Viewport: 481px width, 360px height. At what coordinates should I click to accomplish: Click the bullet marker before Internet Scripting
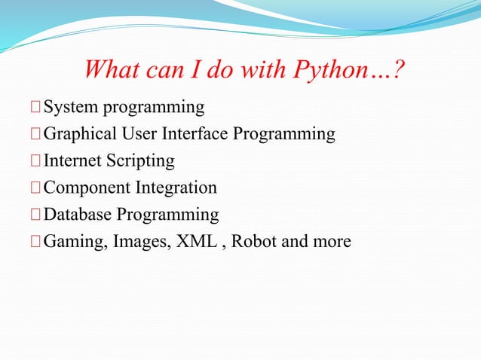pyautogui.click(x=36, y=162)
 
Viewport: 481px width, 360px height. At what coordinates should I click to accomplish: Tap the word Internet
pyautogui.click(x=73, y=161)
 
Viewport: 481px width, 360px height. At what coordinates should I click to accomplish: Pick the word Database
pyautogui.click(x=78, y=215)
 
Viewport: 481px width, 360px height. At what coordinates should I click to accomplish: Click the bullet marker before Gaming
pyautogui.click(x=36, y=243)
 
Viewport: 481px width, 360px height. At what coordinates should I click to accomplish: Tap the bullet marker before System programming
pyautogui.click(x=36, y=108)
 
